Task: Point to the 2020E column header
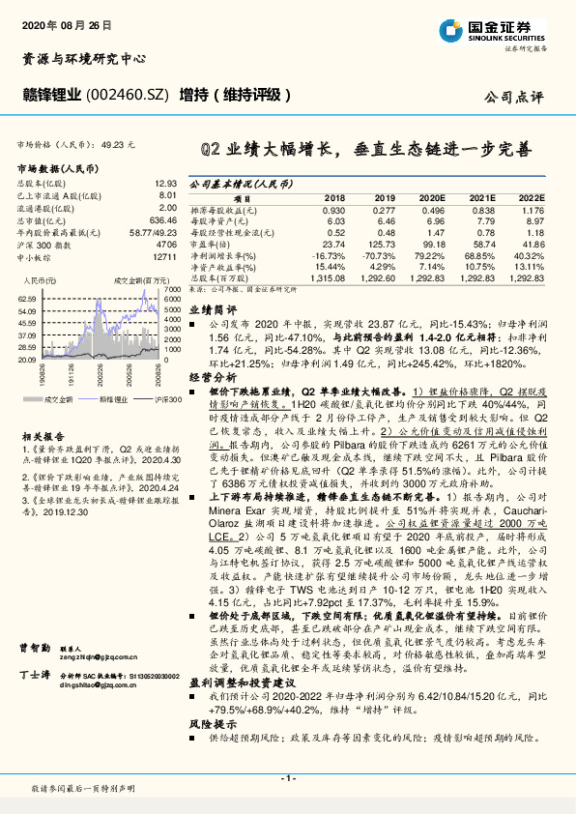click(x=434, y=196)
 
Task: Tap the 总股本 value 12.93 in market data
click(x=166, y=182)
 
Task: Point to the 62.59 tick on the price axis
click(x=28, y=300)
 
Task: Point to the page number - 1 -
click(x=287, y=777)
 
